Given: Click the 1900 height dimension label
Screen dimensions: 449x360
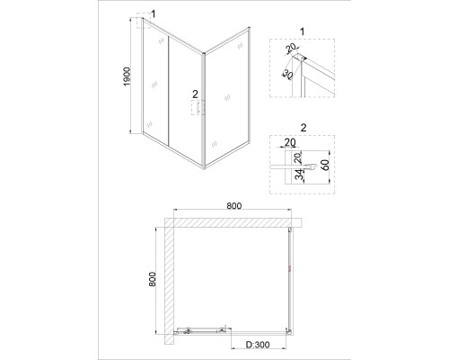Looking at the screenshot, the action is tap(128, 76).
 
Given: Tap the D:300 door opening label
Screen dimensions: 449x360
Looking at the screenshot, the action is tap(258, 345).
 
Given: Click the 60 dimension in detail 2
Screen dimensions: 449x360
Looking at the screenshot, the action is tap(325, 165).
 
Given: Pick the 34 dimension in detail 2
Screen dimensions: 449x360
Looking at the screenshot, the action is tap(299, 175).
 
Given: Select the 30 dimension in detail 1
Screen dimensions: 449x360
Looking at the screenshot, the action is tap(287, 75).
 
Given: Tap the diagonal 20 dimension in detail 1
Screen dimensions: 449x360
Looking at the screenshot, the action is tap(290, 48).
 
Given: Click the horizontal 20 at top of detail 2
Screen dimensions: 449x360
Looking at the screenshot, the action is tap(290, 142).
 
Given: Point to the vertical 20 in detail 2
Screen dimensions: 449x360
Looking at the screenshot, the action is tap(299, 157).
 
